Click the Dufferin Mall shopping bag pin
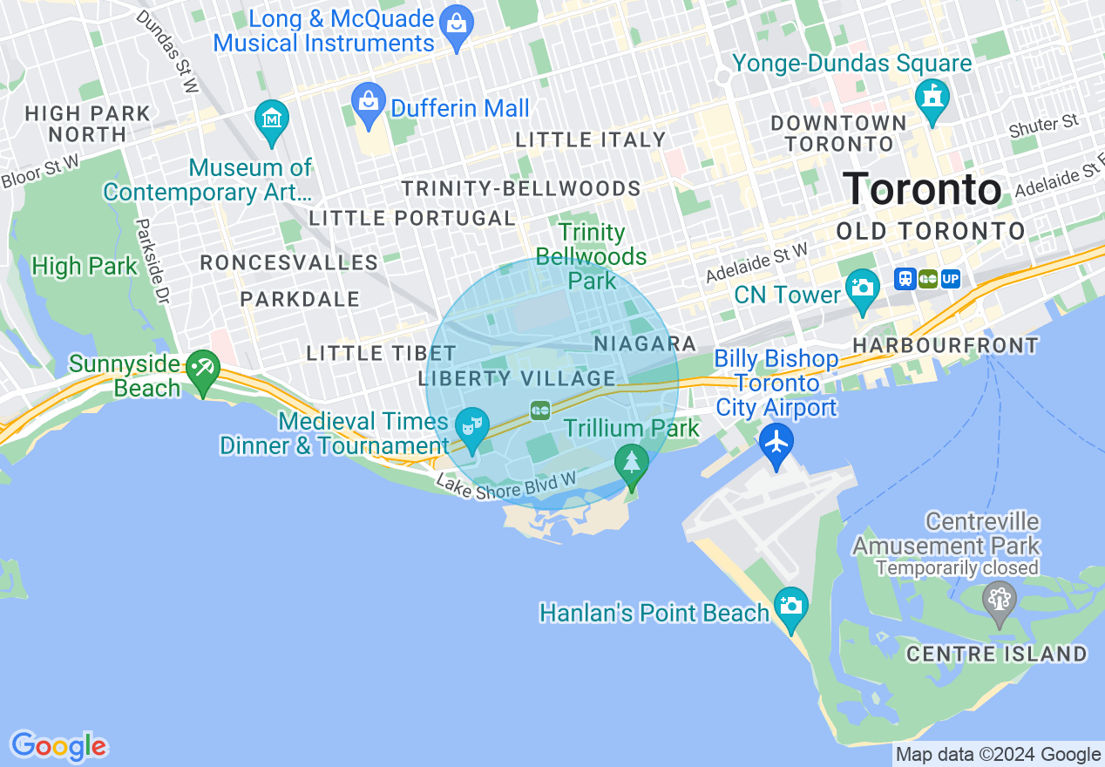[369, 104]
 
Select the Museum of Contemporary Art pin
[272, 121]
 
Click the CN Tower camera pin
[862, 290]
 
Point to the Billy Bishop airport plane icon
[776, 442]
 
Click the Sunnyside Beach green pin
[203, 370]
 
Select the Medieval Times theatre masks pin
[471, 428]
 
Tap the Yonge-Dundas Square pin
[932, 99]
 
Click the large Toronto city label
[922, 189]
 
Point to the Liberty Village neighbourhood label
[517, 378]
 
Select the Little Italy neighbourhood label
[590, 139]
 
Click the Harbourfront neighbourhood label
[946, 345]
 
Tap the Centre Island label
[996, 654]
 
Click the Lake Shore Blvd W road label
[506, 491]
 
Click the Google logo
[58, 746]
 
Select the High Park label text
[85, 266]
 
